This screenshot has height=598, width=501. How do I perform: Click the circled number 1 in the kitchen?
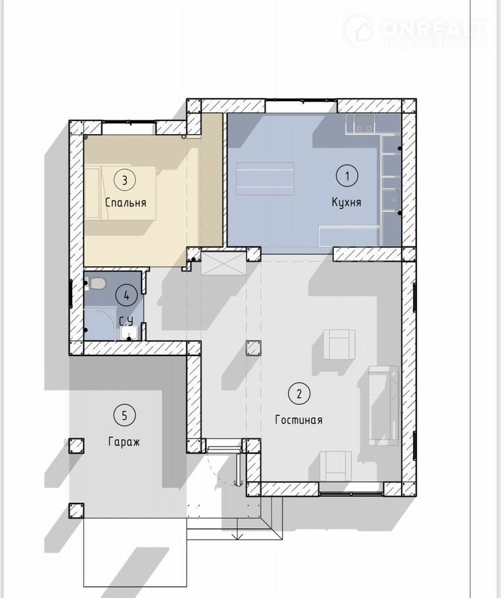tap(347, 176)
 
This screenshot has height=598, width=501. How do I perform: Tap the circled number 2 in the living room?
tap(298, 393)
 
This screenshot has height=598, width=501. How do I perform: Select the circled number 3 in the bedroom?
tap(125, 180)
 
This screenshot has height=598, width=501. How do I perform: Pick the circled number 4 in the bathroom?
tap(127, 295)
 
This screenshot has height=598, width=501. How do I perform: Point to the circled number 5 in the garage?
tap(124, 415)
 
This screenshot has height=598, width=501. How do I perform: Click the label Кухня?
tap(346, 202)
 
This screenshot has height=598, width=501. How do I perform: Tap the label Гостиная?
tap(298, 420)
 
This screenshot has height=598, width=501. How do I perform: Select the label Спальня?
tap(126, 202)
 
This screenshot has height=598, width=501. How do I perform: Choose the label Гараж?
tap(124, 442)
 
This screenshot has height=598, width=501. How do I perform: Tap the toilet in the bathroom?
tap(95, 284)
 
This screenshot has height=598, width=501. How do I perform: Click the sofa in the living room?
tap(383, 405)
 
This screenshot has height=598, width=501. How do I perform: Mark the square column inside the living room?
tap(254, 348)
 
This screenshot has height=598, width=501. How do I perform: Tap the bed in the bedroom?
tap(120, 193)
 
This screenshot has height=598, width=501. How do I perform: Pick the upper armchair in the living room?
tap(339, 344)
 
